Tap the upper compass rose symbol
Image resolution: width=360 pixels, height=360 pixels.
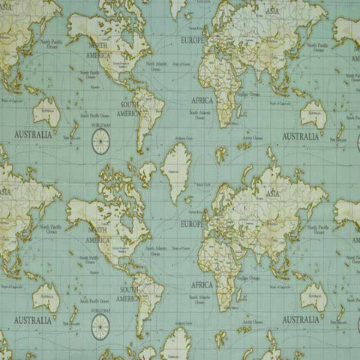click(100, 142)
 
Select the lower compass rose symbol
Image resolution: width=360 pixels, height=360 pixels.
click(100, 325)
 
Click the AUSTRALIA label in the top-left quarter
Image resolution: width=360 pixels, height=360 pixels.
click(32, 135)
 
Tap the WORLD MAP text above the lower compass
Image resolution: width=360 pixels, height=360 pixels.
click(101, 309)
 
